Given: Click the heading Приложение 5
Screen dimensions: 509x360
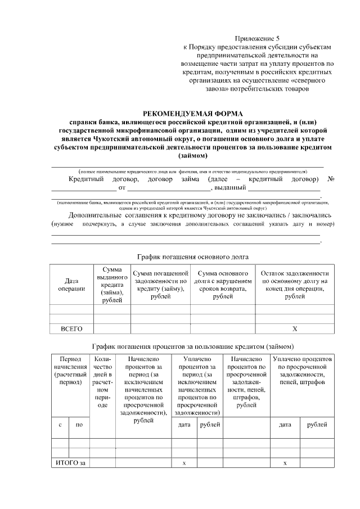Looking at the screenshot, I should [259, 37].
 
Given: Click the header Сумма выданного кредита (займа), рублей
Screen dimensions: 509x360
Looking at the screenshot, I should [112, 285].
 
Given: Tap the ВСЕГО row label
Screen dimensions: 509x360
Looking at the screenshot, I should [71, 328].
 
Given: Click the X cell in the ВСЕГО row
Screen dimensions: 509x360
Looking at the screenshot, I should [295, 328].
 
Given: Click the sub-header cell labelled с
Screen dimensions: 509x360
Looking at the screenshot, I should [60, 425].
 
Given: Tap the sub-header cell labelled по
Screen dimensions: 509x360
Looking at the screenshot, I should [79, 425].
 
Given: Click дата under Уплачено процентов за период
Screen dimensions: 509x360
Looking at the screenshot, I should [184, 425].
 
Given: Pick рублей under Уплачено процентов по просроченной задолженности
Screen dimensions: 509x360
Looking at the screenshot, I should [317, 425].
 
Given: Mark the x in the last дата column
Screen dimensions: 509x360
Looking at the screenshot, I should [285, 462].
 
